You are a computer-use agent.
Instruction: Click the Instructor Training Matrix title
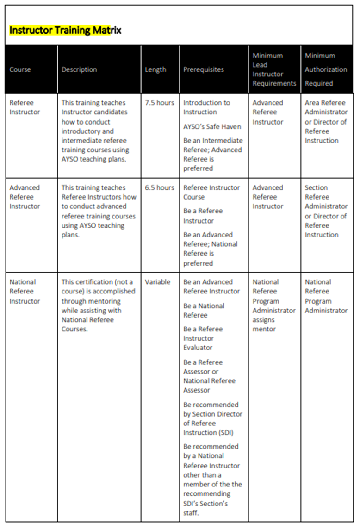65,31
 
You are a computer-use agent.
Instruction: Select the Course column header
20,69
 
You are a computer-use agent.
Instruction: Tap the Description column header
79,69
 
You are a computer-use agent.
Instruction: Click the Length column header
155,69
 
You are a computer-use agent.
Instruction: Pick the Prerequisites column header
203,69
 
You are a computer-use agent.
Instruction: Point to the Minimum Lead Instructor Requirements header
274,69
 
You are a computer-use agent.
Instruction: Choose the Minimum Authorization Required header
325,69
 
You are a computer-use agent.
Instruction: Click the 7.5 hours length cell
159,103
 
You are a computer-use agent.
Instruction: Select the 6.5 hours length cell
159,187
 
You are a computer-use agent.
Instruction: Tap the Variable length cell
157,282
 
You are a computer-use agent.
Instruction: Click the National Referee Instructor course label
25,291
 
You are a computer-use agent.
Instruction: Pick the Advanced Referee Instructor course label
25,197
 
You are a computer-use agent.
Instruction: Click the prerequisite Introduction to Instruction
206,107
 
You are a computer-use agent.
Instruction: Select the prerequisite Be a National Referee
204,310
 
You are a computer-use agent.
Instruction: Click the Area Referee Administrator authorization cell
325,121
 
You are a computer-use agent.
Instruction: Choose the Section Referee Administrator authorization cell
325,211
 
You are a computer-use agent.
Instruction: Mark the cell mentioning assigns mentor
274,306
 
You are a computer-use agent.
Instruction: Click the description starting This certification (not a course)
98,306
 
